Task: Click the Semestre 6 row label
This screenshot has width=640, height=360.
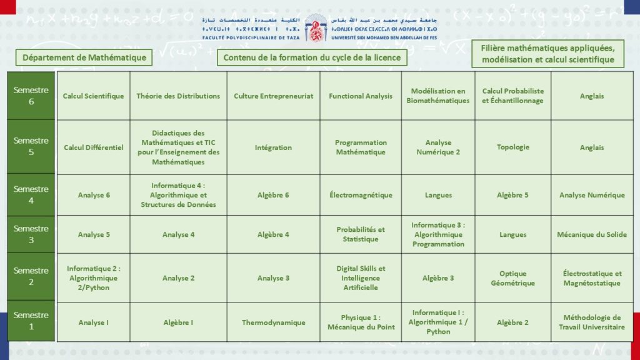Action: coord(31,96)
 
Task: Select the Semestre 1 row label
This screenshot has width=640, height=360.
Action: coord(31,321)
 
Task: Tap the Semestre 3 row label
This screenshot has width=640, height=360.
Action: coord(31,234)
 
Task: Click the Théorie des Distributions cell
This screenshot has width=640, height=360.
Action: coord(178,96)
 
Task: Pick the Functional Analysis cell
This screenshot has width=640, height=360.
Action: coord(361,96)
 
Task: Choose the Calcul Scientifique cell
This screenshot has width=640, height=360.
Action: coord(93,96)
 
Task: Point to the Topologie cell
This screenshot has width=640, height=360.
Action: coord(512,147)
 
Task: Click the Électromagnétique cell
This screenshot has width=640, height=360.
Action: coord(361,195)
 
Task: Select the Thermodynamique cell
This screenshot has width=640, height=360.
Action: coord(273,322)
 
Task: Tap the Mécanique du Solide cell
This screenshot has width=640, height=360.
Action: coord(591,235)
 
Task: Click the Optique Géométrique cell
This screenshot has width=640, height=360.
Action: coord(512,278)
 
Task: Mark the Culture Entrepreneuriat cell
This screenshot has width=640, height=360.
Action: coord(273,96)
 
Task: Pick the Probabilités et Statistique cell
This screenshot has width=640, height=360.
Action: coord(361,234)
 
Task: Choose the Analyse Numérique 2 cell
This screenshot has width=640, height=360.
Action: coord(438,147)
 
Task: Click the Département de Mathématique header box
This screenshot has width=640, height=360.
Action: coord(84,57)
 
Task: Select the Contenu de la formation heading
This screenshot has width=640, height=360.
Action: coord(312,57)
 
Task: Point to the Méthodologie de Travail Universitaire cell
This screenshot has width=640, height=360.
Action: coord(591,322)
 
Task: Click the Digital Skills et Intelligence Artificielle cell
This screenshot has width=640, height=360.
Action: coord(361,278)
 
